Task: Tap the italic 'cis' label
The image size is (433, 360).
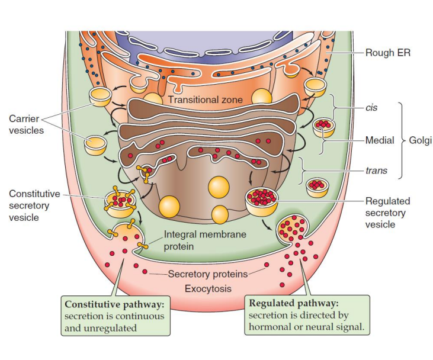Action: (371, 108)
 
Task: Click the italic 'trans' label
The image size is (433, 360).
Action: (376, 171)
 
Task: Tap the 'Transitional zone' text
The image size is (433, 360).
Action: (205, 99)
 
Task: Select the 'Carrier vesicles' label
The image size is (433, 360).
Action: (27, 124)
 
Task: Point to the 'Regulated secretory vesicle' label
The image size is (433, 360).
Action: (387, 213)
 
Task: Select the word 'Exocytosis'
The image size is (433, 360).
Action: (208, 289)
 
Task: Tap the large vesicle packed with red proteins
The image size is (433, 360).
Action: (264, 200)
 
